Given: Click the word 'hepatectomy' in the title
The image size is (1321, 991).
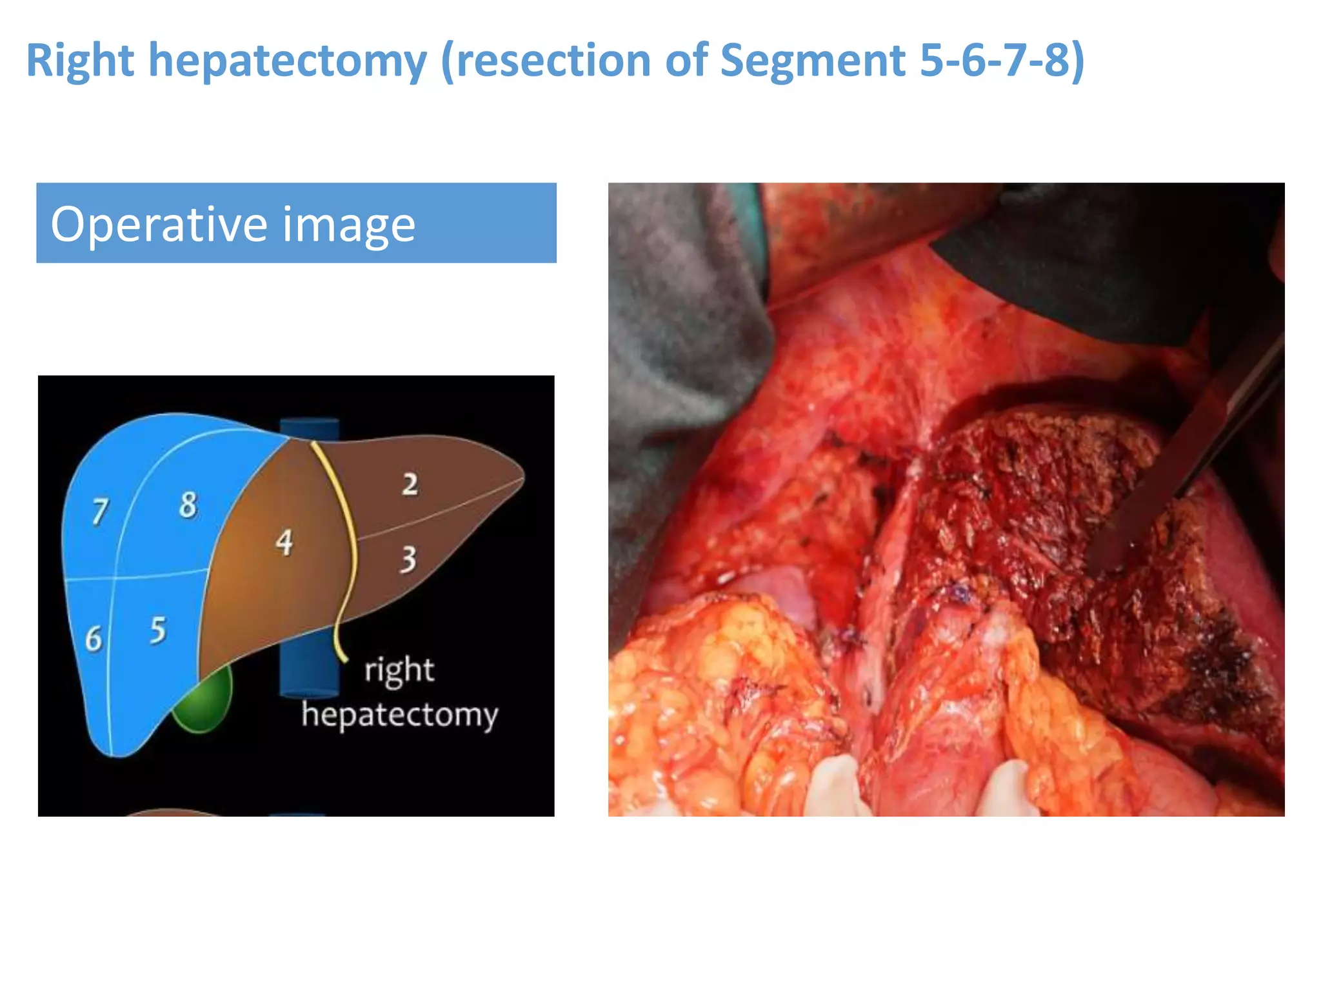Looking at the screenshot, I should [x=288, y=61].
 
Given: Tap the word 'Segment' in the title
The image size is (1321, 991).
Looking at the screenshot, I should [x=813, y=61].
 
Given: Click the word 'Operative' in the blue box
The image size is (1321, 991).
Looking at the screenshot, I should [x=158, y=224].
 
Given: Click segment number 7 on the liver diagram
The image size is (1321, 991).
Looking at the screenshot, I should [x=100, y=512].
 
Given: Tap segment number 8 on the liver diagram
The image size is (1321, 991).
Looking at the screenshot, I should [x=188, y=505].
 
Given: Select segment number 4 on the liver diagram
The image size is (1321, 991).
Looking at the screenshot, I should [x=284, y=543].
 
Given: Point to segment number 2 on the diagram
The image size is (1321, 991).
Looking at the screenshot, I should [x=410, y=485].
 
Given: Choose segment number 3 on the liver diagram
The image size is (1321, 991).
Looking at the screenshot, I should [x=408, y=559].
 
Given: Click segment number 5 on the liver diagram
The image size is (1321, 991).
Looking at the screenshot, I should [x=158, y=630].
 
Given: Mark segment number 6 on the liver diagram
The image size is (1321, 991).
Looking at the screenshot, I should [x=94, y=639].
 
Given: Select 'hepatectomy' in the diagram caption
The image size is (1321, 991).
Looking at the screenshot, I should [x=400, y=715].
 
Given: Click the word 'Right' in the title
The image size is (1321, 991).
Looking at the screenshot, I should [x=80, y=61].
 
